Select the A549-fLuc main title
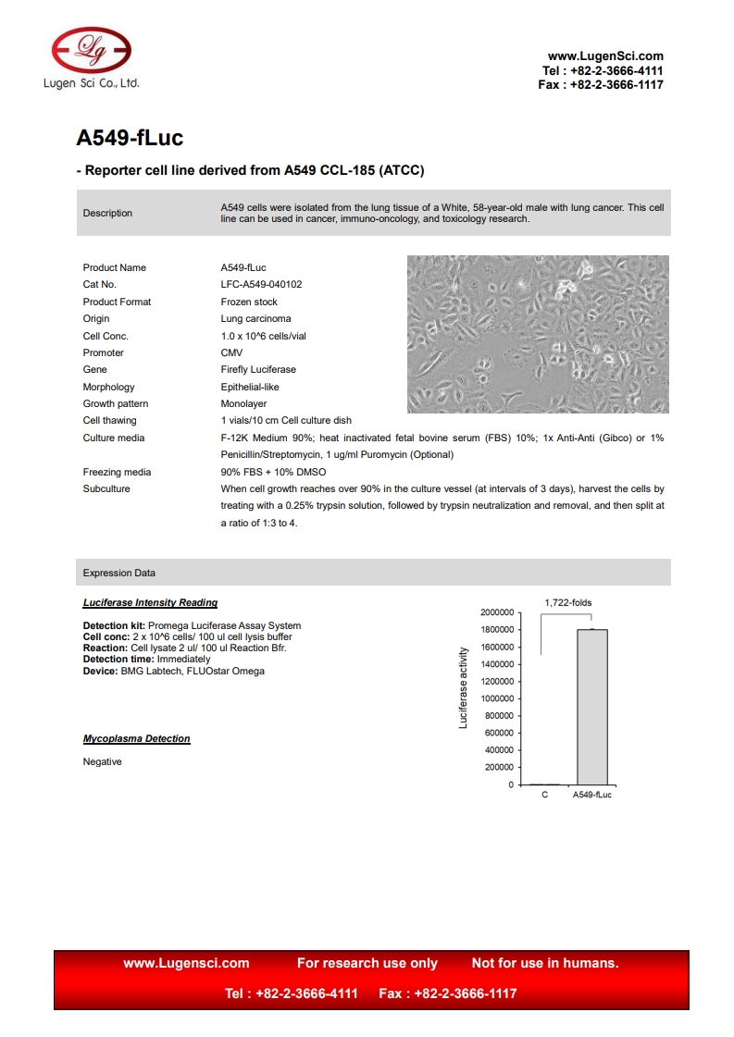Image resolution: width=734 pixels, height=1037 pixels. [x=130, y=138]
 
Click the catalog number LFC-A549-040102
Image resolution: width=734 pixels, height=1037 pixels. [x=261, y=285]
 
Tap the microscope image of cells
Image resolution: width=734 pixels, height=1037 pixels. [x=538, y=334]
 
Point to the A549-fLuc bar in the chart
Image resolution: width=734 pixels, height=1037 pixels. [x=591, y=707]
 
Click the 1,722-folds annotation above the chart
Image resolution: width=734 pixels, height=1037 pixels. [x=567, y=603]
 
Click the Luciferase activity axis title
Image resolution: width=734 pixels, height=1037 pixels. [x=464, y=687]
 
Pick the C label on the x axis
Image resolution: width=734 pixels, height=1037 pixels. [x=544, y=796]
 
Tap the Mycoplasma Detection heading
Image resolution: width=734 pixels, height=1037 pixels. [x=136, y=739]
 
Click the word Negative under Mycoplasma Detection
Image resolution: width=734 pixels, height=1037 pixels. [x=102, y=762]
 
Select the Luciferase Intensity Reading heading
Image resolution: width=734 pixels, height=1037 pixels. [x=150, y=603]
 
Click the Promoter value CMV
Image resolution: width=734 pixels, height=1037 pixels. [x=230, y=353]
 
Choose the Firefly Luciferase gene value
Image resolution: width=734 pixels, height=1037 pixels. [x=258, y=370]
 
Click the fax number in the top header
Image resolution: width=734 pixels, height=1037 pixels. [x=601, y=85]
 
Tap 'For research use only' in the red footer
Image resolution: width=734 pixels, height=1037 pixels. [x=367, y=963]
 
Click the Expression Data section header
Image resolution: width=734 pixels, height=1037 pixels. [x=119, y=574]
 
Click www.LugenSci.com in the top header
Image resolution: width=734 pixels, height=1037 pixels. [x=605, y=56]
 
